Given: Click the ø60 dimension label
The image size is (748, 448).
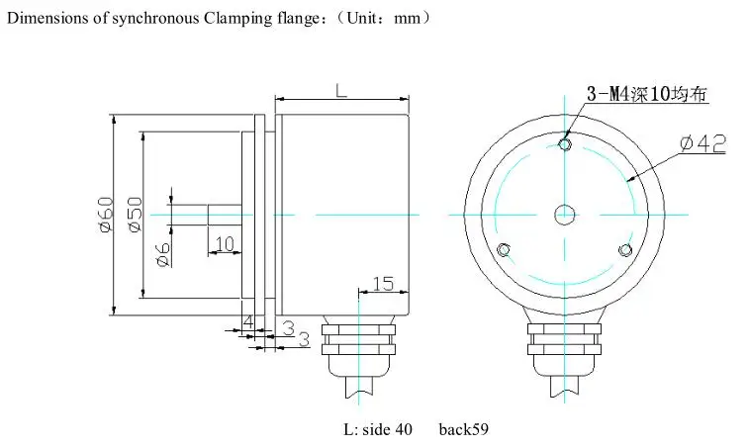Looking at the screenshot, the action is click(107, 215).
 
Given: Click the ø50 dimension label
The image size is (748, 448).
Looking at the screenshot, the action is click(135, 215).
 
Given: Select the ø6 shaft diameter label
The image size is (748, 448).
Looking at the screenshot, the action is click(163, 253).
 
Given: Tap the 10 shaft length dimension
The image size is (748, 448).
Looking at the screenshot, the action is click(226, 244).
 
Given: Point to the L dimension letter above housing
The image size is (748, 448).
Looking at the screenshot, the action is click(341, 90).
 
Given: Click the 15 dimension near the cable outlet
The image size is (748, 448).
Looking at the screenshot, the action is click(383, 284).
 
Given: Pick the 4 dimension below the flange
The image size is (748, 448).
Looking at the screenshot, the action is click(248, 321).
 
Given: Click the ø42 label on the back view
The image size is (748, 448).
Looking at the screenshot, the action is click(703, 143).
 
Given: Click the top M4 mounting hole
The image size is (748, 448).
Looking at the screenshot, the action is click(565, 143).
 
